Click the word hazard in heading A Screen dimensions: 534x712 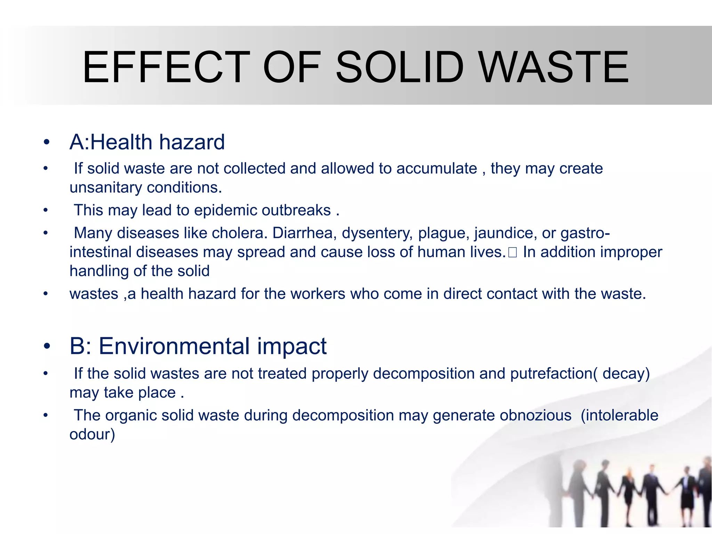(192, 142)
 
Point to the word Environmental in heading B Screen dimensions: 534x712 (174, 346)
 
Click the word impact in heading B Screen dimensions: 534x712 (292, 346)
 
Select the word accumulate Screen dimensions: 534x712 (437, 169)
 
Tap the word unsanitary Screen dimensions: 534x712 (106, 188)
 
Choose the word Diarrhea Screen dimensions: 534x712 (305, 233)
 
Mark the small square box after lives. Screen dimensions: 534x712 (512, 253)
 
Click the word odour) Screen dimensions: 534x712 (92, 435)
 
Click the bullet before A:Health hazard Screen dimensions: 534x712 (47, 142)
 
